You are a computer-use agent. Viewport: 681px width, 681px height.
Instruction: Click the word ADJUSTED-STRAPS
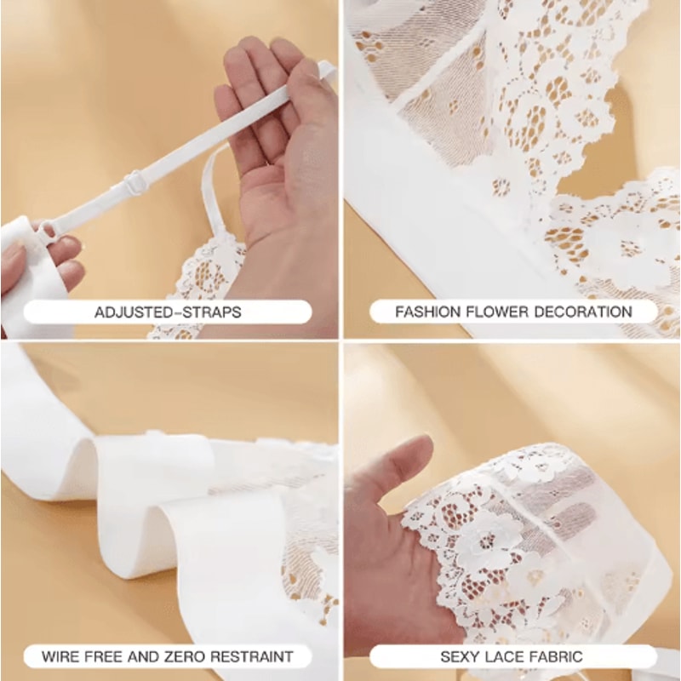click(x=168, y=312)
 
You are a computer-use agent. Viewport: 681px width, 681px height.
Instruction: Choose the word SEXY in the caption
click(x=461, y=656)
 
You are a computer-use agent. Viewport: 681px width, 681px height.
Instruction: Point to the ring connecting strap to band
click(x=47, y=232)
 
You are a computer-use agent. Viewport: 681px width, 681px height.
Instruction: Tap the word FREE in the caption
click(x=103, y=656)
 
